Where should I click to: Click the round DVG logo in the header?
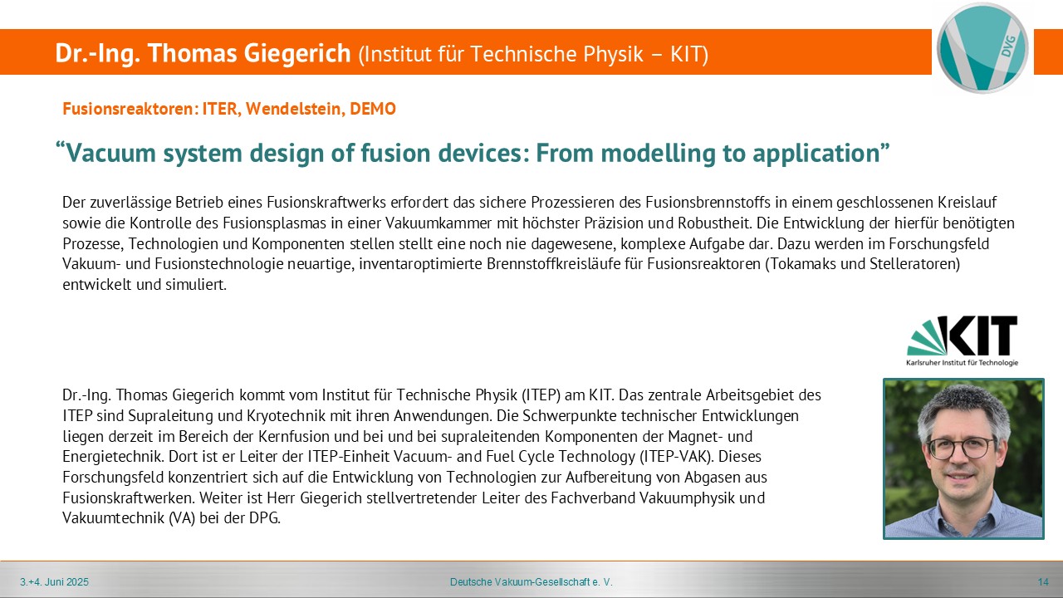tap(982, 48)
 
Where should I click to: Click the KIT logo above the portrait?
tap(962, 341)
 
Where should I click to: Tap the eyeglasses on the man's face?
tap(961, 447)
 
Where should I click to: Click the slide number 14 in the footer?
tap(1043, 582)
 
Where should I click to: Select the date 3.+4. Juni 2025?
tap(54, 582)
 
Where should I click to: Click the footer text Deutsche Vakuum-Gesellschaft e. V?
tap(531, 582)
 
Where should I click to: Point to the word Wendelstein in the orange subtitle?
tap(295, 109)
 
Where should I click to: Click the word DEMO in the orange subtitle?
tap(373, 109)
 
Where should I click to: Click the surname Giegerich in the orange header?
tap(297, 53)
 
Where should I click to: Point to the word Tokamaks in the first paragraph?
tap(803, 264)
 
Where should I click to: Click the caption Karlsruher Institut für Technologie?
tap(962, 363)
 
